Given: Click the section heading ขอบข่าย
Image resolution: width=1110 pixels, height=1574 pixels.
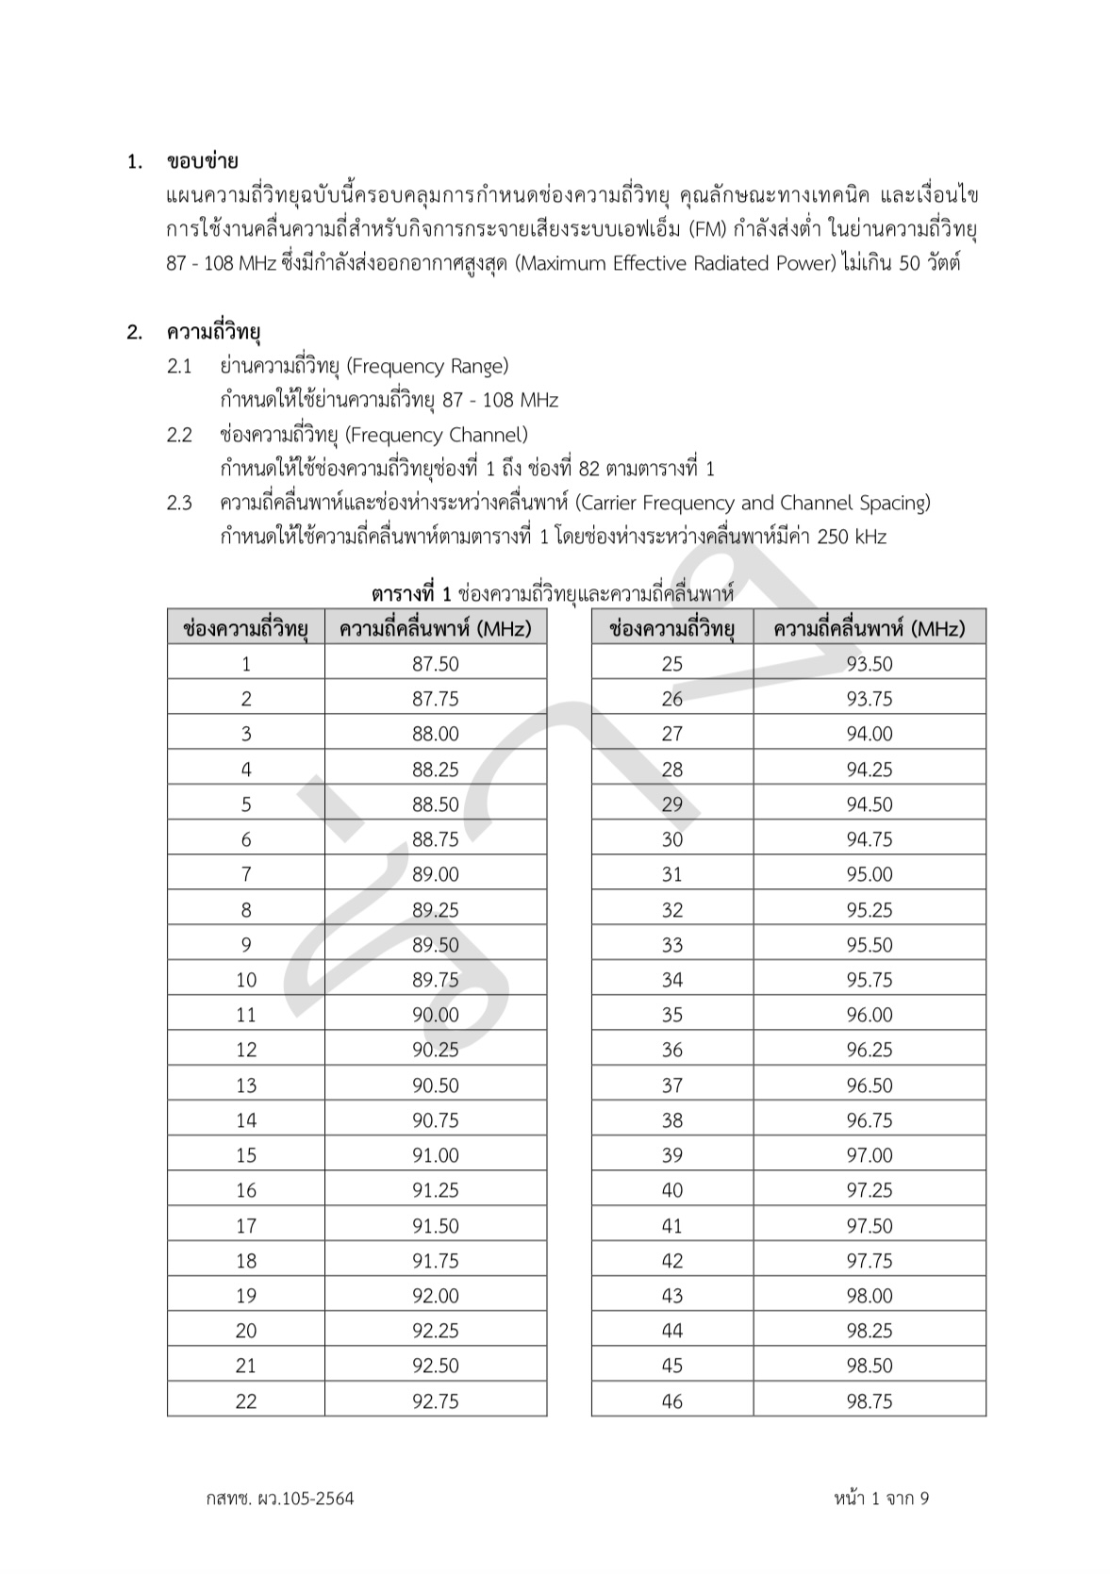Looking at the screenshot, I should coord(202,162).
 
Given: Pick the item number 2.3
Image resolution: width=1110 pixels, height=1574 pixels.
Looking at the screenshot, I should coord(179,504).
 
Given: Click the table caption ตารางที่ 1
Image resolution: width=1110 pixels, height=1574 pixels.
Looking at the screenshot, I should coord(411,594).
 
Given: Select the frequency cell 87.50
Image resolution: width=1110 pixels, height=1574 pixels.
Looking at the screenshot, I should coord(435,664).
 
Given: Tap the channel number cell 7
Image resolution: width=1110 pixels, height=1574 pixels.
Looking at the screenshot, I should coord(246,874).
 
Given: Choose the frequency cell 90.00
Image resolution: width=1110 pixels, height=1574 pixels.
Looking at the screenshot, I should coord(435,1015).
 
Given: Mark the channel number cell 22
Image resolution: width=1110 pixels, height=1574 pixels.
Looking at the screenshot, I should coord(246,1401).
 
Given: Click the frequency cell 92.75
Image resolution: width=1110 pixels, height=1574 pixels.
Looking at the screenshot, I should coord(435,1401).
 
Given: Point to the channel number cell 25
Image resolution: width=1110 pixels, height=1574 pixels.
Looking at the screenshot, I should coord(671,664).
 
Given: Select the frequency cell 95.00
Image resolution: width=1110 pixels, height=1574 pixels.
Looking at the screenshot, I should coord(869,874).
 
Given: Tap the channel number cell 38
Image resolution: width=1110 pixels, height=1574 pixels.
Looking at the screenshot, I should coord(671,1120).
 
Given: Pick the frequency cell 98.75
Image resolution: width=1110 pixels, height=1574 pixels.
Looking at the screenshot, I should coord(869,1401).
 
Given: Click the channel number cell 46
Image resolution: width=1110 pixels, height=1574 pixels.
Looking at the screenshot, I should coord(671,1401).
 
